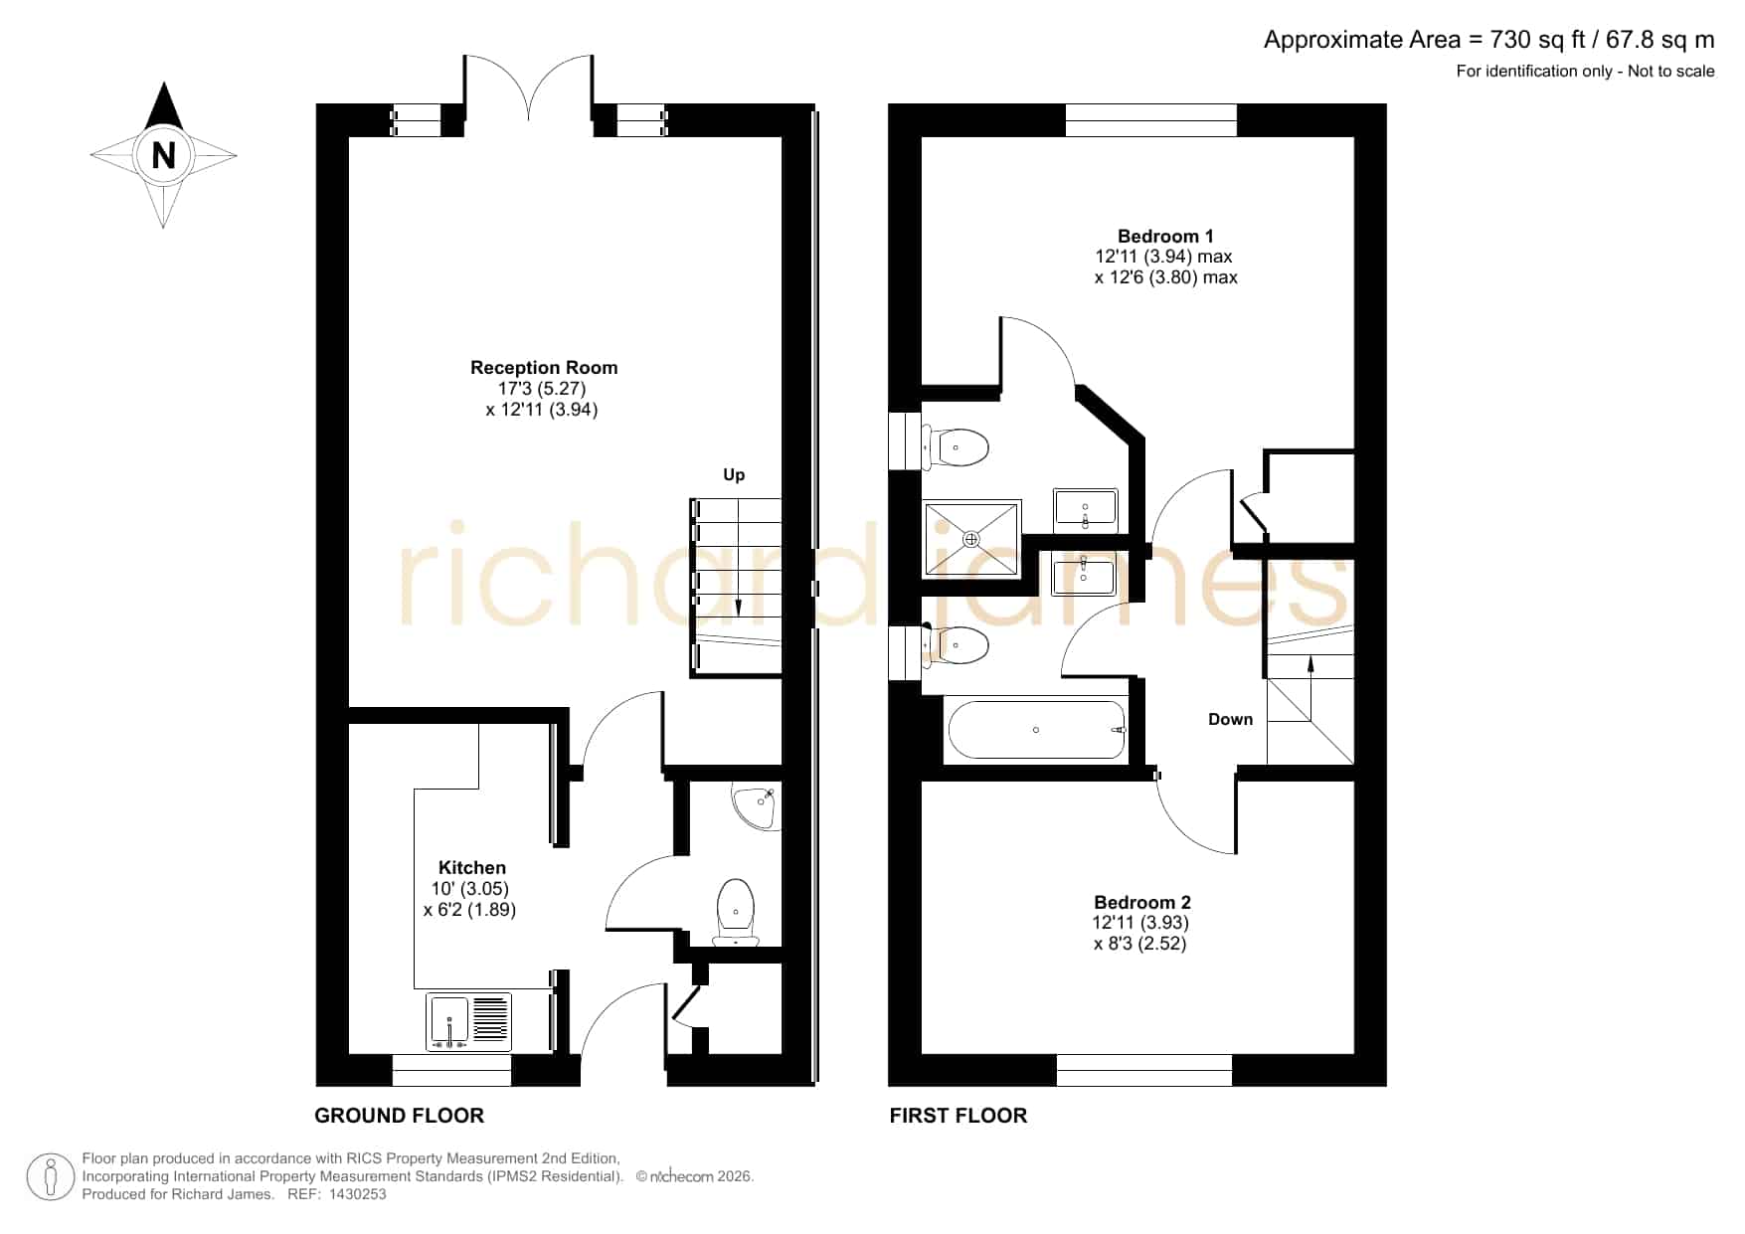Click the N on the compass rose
[x=163, y=156]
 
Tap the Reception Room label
[x=544, y=368]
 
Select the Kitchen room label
[x=471, y=868]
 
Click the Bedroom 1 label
[x=1165, y=237]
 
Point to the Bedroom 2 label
[x=1141, y=903]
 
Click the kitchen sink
[x=468, y=1021]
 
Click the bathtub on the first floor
[x=1037, y=730]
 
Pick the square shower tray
[x=972, y=539]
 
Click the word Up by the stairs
[x=734, y=475]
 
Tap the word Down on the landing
[x=1230, y=720]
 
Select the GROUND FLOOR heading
[x=400, y=1116]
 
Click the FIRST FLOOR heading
[x=959, y=1116]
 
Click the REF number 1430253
[x=357, y=1194]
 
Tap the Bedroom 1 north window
[x=1151, y=119]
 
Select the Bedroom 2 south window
[x=1143, y=1070]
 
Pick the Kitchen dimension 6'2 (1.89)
[x=469, y=910]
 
